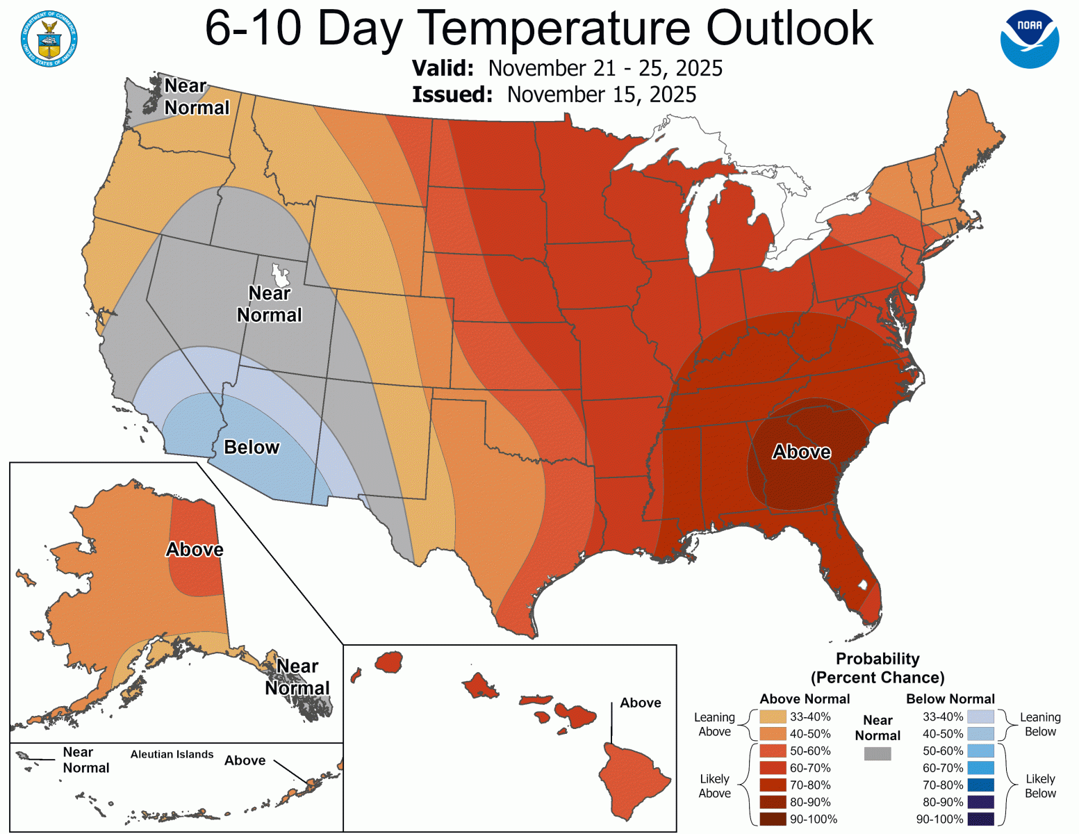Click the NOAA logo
click(1030, 40)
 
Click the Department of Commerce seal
click(49, 39)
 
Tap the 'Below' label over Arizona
click(252, 448)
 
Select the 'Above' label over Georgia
click(802, 452)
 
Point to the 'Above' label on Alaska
click(195, 550)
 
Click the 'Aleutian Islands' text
click(172, 755)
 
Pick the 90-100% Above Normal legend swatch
click(773, 819)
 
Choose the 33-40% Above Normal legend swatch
click(773, 717)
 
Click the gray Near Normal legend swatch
click(878, 753)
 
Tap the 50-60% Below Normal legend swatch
click(980, 751)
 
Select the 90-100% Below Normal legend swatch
click(980, 819)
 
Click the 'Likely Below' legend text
click(1040, 786)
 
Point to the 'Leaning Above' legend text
click(714, 724)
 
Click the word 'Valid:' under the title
click(443, 68)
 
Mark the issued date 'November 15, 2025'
click(602, 95)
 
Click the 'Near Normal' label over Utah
click(270, 304)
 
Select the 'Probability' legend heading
click(878, 659)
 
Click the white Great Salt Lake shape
click(281, 275)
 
